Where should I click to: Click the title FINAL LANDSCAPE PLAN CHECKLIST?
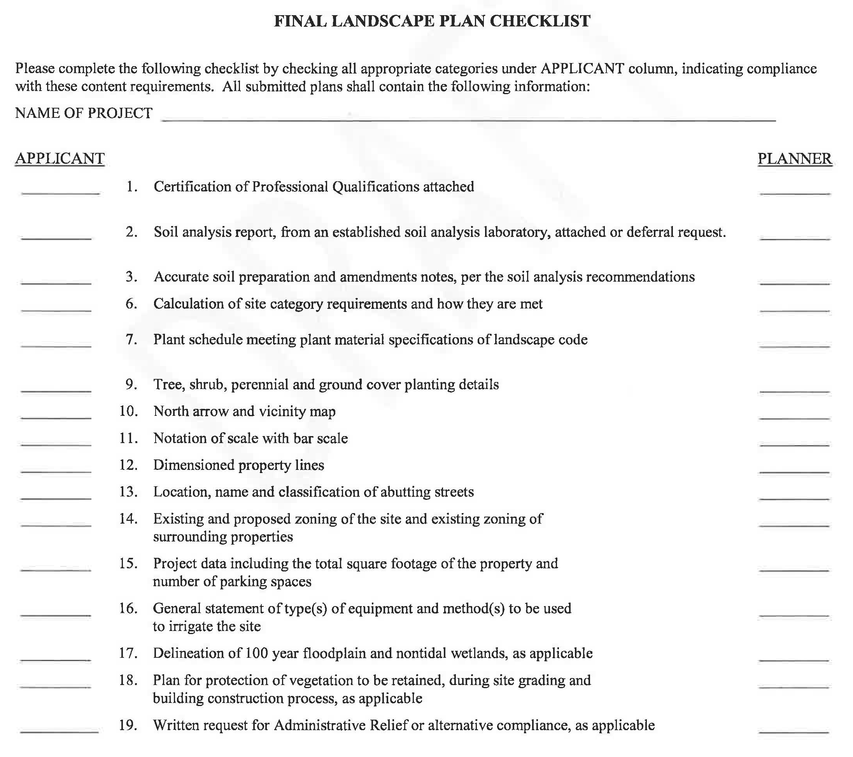432,21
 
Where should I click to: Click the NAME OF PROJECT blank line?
468,119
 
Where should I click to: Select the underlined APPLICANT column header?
60,159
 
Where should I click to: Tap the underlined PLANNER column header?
795,159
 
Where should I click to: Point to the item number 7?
131,340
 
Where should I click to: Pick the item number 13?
128,492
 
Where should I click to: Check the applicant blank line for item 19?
59,731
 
